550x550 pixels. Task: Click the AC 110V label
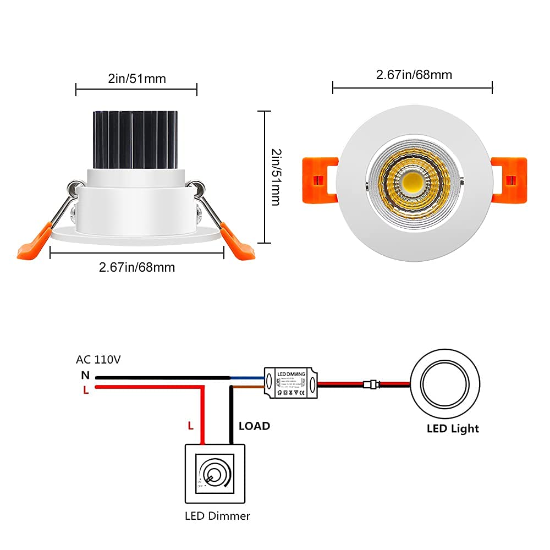pyautogui.click(x=98, y=360)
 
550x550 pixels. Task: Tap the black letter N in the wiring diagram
pyautogui.click(x=85, y=376)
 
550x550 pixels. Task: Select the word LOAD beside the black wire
pyautogui.click(x=254, y=426)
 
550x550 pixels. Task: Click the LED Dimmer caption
pyautogui.click(x=217, y=516)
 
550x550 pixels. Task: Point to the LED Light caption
pyautogui.click(x=453, y=428)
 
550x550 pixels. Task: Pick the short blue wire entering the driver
pyautogui.click(x=247, y=378)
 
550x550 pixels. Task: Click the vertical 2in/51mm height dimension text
pyautogui.click(x=276, y=177)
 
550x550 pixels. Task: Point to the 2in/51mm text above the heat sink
pyautogui.click(x=136, y=79)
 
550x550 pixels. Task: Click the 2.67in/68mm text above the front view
pyautogui.click(x=414, y=75)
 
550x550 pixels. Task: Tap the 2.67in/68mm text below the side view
pyautogui.click(x=137, y=267)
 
